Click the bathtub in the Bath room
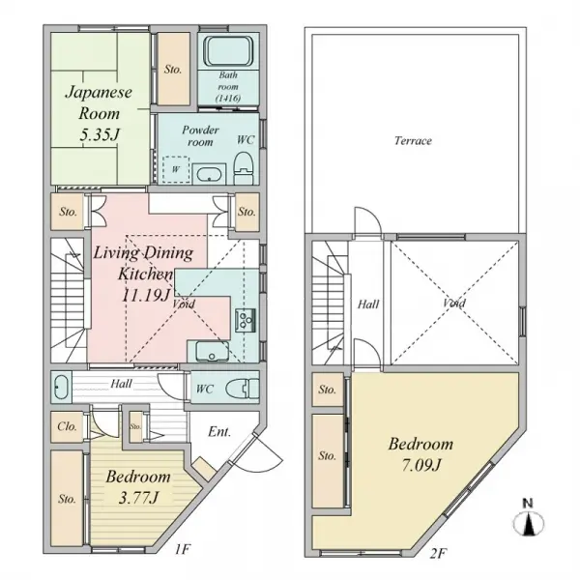tap(228, 51)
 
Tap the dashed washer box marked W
tap(176, 169)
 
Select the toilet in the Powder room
tap(244, 167)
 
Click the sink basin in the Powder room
tap(209, 174)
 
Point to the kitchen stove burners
tap(246, 320)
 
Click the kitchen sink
tap(212, 352)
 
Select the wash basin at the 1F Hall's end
tap(61, 388)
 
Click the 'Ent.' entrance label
tap(219, 432)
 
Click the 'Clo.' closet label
tap(67, 426)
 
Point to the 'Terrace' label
tap(413, 141)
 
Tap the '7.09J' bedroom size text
tap(420, 465)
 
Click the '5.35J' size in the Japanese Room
tap(100, 134)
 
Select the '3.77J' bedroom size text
tap(138, 498)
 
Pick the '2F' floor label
tap(438, 553)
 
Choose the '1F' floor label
tap(183, 550)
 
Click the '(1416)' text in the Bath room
tap(228, 98)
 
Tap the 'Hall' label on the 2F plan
tap(368, 304)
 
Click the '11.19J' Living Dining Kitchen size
tap(146, 296)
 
